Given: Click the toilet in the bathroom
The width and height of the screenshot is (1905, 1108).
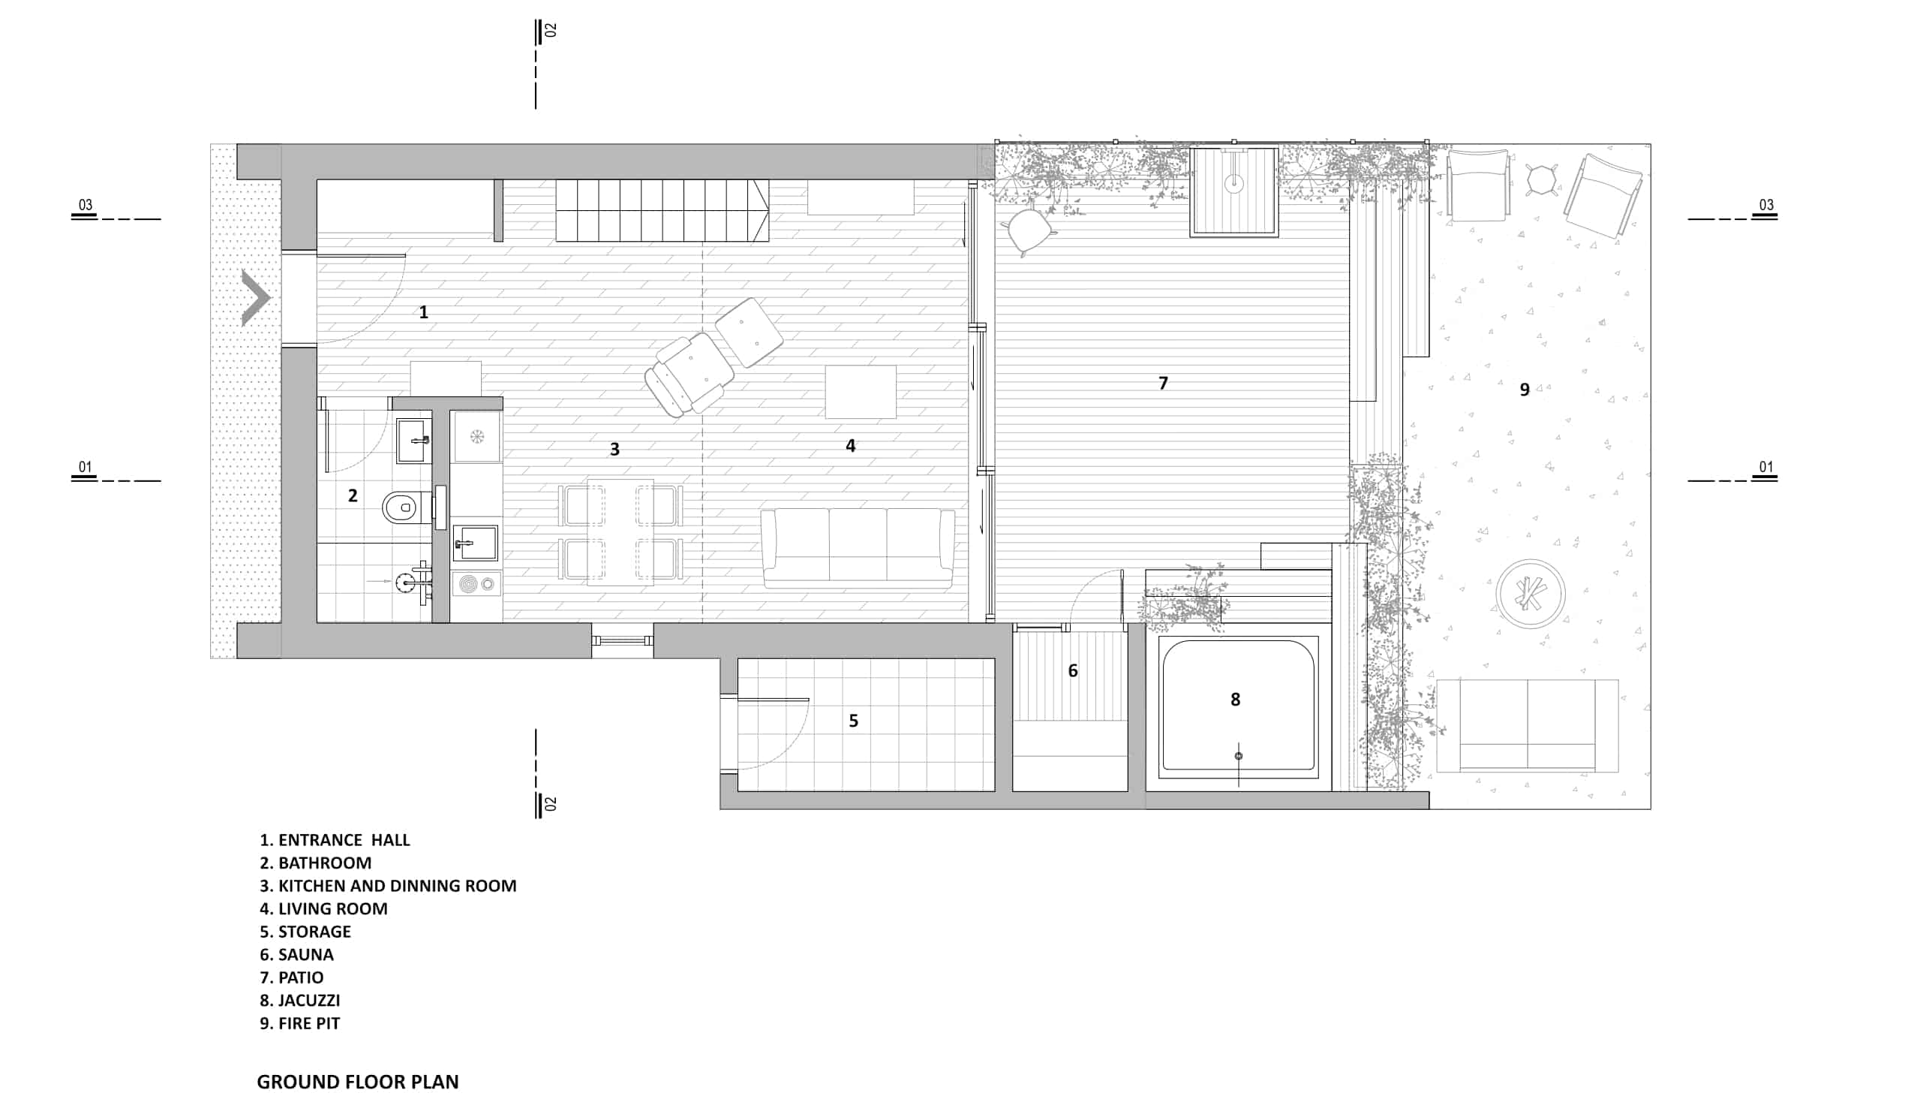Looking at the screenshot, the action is [400, 507].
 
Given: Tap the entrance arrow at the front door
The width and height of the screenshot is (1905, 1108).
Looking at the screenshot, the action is [256, 298].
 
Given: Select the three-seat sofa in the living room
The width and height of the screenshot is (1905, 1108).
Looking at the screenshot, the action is [858, 548].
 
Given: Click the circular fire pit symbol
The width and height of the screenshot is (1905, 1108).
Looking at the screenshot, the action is [1531, 594].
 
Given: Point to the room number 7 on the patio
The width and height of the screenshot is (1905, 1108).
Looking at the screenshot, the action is [1164, 384].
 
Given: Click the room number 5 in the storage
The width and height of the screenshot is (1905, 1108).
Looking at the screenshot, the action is [854, 721].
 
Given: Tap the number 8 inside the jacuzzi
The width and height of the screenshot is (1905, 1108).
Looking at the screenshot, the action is [1235, 700].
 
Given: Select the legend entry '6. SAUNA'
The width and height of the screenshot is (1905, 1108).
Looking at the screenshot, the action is [296, 954].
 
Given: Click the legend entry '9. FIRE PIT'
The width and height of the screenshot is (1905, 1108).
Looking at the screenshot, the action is [299, 1023].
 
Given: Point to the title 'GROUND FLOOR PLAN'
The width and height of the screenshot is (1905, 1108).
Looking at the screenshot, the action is [358, 1082].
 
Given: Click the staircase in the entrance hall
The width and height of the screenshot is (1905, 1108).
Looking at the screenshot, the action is [663, 210].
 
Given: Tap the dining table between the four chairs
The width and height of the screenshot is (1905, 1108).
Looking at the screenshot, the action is [620, 531].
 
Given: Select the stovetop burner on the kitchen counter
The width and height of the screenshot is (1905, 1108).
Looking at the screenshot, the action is [470, 584].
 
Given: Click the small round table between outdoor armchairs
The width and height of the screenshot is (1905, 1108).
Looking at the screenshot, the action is [1541, 181].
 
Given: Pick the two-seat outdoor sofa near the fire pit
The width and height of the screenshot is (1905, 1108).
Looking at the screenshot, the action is [1528, 725].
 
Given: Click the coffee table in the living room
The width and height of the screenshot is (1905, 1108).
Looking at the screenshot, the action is [861, 392].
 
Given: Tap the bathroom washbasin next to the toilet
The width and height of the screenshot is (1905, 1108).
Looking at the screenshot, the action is [414, 440].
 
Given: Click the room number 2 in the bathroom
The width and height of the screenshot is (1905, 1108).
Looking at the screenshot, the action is [353, 495].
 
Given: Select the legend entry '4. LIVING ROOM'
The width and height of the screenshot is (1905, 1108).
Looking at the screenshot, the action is [323, 908].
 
